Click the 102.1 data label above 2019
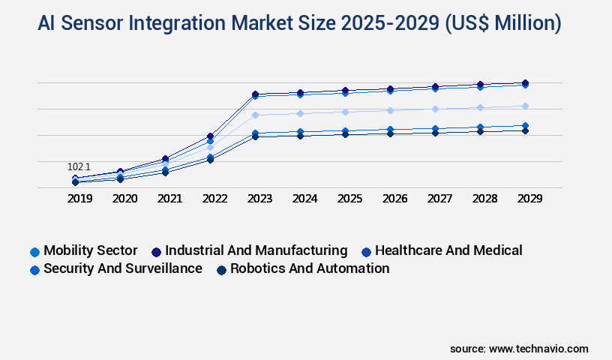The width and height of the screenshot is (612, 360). [x=79, y=166]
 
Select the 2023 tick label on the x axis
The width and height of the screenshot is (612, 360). [x=259, y=199]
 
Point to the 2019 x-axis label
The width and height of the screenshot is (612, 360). [x=80, y=199]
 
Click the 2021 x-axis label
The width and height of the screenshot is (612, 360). [x=169, y=199]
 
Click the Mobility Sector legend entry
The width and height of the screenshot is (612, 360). [x=90, y=250]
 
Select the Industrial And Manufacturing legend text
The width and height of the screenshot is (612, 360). [x=256, y=250]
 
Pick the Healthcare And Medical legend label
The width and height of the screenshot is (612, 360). [x=448, y=250]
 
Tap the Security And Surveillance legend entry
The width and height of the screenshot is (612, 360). [x=122, y=268]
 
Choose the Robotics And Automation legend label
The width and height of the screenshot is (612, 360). [x=309, y=268]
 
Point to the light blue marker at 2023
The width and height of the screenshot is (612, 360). [x=255, y=115]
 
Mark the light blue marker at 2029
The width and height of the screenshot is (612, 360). [x=525, y=106]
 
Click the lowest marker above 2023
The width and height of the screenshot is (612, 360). [x=255, y=136]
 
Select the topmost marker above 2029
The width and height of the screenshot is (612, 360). [x=525, y=82]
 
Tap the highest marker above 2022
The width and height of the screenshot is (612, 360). [x=211, y=136]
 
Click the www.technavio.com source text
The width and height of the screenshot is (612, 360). [x=538, y=349]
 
